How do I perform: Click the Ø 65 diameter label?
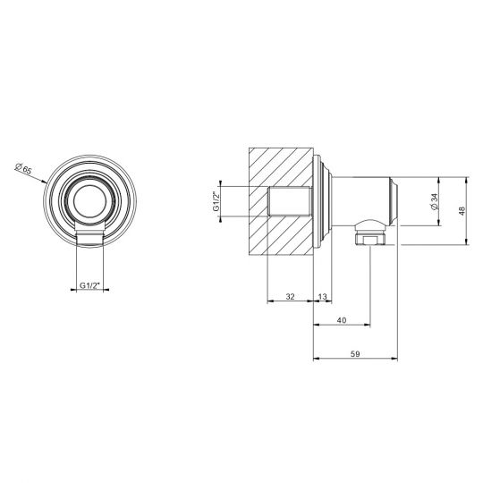(x=23, y=169)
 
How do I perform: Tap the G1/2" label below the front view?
(x=90, y=285)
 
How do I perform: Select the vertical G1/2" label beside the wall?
(x=216, y=201)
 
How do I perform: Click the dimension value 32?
(x=290, y=297)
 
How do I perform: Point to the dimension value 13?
(x=322, y=297)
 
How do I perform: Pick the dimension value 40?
(x=342, y=320)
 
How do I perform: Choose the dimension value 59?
(x=355, y=354)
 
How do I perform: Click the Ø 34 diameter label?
(x=435, y=202)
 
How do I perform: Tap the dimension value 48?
(x=462, y=211)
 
